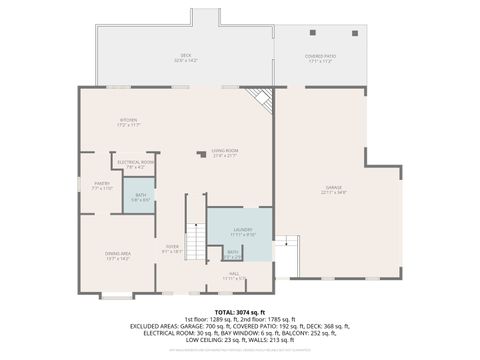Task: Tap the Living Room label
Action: point(224,152)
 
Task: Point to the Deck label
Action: point(186,57)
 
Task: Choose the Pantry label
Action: point(101,185)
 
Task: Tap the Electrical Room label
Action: point(135,164)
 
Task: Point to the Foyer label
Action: point(172,249)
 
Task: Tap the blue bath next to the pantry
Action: point(140,198)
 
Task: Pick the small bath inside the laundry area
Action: point(232,254)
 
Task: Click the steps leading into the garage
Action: point(286,246)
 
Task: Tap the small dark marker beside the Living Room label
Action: point(201,155)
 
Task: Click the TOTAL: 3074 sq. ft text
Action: point(239,312)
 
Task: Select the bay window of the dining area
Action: point(116,296)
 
